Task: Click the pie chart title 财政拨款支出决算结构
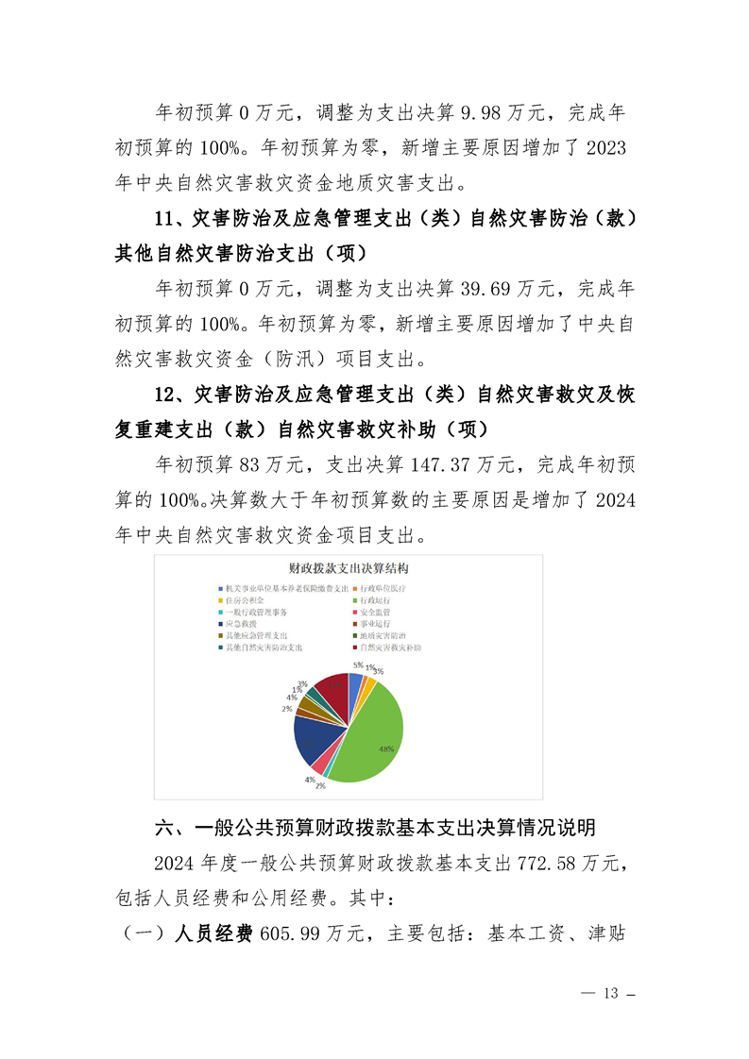pos(348,569)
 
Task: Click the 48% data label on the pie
pos(385,748)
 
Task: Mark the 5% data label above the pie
pos(358,664)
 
